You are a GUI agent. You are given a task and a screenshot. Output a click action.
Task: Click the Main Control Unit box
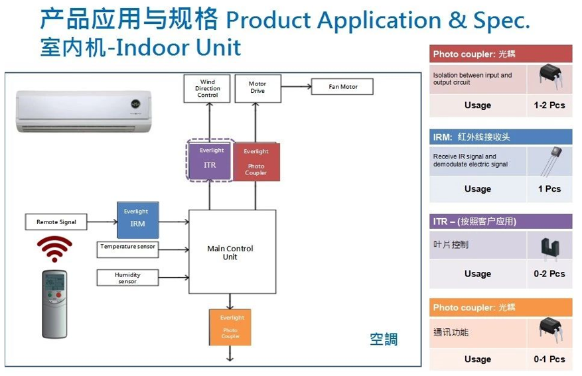[232, 252]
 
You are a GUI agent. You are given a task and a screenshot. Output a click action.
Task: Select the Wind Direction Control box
[208, 89]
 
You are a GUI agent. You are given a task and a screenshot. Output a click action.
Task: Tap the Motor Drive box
[257, 88]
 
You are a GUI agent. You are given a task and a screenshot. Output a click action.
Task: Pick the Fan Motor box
[342, 87]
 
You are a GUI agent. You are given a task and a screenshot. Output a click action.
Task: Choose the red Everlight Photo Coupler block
[256, 162]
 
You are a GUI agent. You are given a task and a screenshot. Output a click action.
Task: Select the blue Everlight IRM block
[138, 219]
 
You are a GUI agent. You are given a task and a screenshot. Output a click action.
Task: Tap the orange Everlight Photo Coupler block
[230, 327]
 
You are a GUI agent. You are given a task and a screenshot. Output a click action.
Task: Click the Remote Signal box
[56, 222]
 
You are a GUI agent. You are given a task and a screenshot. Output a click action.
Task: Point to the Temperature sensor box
[127, 249]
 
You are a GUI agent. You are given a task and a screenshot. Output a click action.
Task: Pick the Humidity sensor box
[127, 277]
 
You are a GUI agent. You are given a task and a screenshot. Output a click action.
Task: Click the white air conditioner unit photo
[84, 109]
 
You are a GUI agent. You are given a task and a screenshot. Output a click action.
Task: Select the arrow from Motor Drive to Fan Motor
[295, 86]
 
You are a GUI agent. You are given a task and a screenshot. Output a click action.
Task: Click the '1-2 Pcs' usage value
[549, 105]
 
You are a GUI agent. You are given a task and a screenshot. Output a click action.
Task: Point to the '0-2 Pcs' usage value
[549, 273]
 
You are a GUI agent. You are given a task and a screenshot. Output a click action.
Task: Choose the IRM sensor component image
[549, 161]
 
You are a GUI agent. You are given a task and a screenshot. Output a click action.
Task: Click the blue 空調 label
[384, 339]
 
